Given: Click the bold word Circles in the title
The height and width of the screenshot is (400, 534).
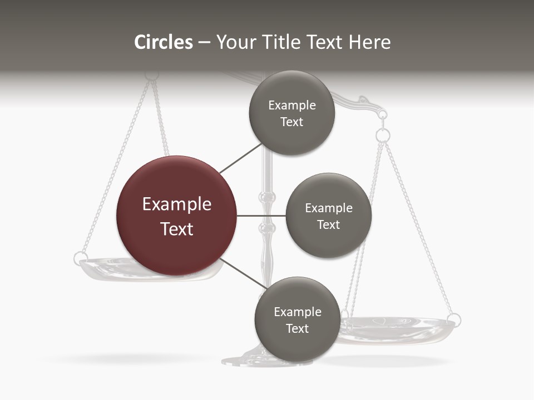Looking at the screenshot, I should point(164,42).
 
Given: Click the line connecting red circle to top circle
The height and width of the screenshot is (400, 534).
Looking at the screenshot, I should point(240,158).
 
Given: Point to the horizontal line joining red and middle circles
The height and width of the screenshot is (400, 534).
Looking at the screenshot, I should point(261,216).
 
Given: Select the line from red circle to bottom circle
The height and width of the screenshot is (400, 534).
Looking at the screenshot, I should point(242,274).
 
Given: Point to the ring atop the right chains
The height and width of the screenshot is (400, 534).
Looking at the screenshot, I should point(383,135).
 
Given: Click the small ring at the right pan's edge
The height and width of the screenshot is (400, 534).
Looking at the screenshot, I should point(454,319).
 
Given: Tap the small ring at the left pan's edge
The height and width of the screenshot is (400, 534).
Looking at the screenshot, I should point(80,258).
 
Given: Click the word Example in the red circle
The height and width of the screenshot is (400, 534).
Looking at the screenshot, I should point(177,204).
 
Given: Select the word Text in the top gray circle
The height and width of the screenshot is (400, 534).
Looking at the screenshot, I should point(291,122).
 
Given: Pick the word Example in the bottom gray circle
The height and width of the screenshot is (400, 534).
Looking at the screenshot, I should point(298,312).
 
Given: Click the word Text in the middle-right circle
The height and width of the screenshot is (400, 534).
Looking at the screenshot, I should point(329,224).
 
